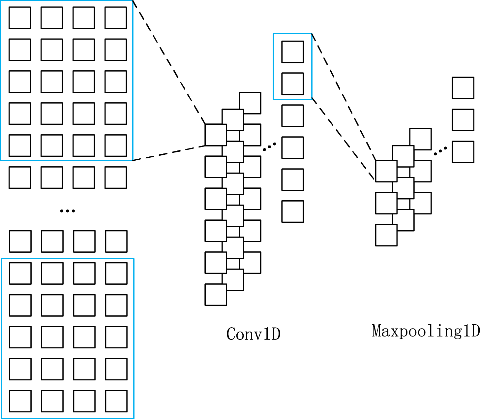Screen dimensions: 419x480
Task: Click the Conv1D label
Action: click(253, 334)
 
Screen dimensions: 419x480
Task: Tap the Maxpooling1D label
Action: click(425, 331)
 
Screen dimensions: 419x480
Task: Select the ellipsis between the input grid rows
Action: click(67, 211)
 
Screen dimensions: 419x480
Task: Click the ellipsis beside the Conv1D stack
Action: click(269, 147)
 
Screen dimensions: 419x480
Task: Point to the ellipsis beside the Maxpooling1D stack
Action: click(440, 151)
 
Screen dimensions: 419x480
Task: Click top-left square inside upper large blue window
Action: click(20, 18)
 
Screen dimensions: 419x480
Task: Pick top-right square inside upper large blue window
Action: click(116, 18)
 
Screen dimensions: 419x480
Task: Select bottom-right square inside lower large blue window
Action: click(116, 401)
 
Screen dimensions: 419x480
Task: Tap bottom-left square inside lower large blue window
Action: click(20, 401)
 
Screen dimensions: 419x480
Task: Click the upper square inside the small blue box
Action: click(292, 52)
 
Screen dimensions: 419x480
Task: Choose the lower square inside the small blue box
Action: click(292, 84)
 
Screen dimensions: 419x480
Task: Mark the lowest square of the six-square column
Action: click(292, 211)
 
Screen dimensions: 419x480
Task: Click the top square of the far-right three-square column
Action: click(463, 88)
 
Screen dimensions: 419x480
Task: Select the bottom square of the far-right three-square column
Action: click(463, 152)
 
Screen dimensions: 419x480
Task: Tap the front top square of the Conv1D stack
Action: click(216, 135)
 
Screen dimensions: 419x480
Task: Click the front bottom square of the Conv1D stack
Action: click(216, 295)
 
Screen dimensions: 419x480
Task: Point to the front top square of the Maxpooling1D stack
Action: click(386, 171)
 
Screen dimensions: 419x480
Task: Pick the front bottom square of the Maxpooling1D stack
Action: click(386, 235)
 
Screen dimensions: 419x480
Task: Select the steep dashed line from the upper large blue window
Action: click(169, 63)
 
